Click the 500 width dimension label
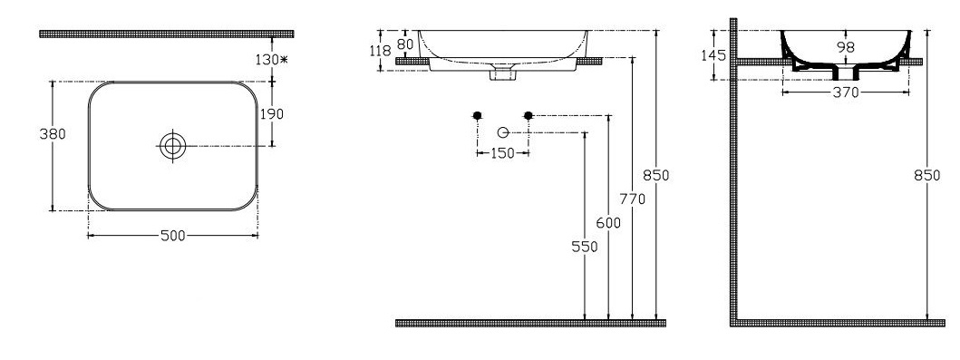pos(172,236)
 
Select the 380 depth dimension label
pos(53,134)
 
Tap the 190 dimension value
pos(272,114)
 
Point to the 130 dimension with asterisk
pos(272,59)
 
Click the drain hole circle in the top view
pos(173,146)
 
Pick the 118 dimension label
pos(381,51)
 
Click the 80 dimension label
pos(405,44)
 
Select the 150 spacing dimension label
pos(502,153)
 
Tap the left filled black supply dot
pos(478,115)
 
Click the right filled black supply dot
pos(529,115)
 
